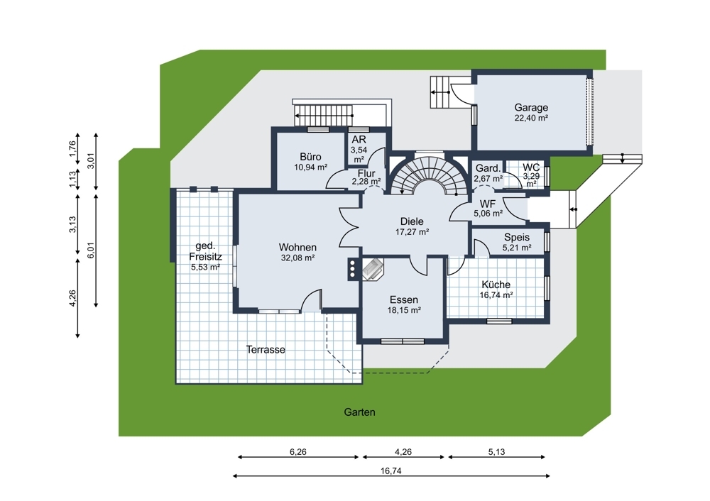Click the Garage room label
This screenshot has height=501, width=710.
pyautogui.click(x=531, y=108)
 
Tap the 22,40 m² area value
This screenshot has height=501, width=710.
pyautogui.click(x=531, y=118)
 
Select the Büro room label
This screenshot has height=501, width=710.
pyautogui.click(x=311, y=157)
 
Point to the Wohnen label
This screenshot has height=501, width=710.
pyautogui.click(x=297, y=248)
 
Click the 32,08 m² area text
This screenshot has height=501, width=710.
pyautogui.click(x=298, y=258)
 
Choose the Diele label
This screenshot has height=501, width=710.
pyautogui.click(x=412, y=222)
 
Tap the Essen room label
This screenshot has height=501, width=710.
pyautogui.click(x=404, y=300)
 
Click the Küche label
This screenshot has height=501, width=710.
pyautogui.click(x=496, y=285)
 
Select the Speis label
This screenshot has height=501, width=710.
pyautogui.click(x=517, y=238)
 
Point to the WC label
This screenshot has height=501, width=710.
pyautogui.click(x=531, y=168)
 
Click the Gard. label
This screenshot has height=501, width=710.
pyautogui.click(x=488, y=168)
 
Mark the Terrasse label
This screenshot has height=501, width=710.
pyautogui.click(x=266, y=350)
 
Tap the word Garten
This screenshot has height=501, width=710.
pyautogui.click(x=359, y=412)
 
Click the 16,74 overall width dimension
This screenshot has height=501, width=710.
pyautogui.click(x=390, y=471)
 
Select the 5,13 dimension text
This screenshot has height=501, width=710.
pyautogui.click(x=497, y=451)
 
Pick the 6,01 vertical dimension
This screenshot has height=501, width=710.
pyautogui.click(x=91, y=250)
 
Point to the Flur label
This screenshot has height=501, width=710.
pyautogui.click(x=366, y=174)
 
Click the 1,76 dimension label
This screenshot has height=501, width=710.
pyautogui.click(x=72, y=149)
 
